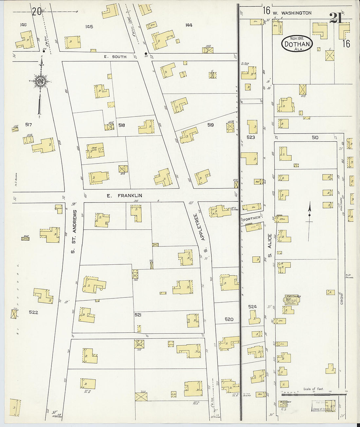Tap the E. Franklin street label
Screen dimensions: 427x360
[124, 195]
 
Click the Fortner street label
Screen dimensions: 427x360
[252, 218]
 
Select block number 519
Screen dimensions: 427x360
[210, 125]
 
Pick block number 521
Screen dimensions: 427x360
[138, 314]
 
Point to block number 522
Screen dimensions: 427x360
[33, 312]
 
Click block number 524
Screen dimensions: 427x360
[252, 307]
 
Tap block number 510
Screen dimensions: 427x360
[315, 138]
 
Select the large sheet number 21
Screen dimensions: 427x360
[336, 18]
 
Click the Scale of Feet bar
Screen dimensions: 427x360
[313, 394]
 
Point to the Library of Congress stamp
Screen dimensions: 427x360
[321, 409]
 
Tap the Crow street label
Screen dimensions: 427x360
[342, 298]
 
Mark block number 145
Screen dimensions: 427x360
[89, 27]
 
